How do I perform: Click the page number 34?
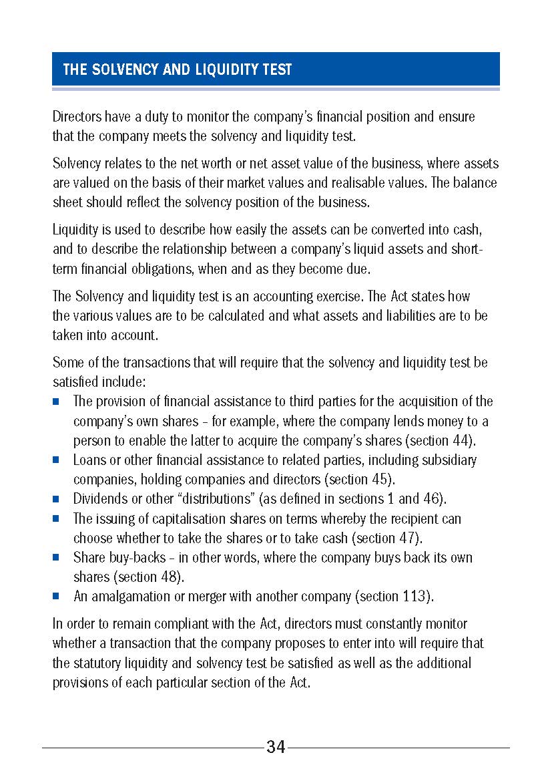(x=276, y=747)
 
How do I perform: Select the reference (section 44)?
(x=443, y=440)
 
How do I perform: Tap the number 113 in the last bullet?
(x=420, y=595)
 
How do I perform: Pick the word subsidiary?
(x=449, y=460)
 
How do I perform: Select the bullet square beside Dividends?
(x=57, y=499)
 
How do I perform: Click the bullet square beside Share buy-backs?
(x=57, y=557)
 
